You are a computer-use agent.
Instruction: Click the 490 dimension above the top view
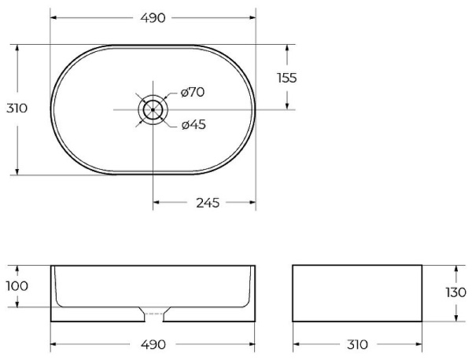coord(153,17)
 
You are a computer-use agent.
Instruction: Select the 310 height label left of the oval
coord(17,108)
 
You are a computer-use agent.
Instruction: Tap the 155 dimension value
coord(286,77)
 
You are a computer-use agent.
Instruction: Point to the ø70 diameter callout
coord(192,93)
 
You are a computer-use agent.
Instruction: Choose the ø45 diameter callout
coord(193,124)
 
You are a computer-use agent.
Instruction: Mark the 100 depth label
coord(17,286)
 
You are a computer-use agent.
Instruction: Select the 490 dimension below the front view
coord(153,344)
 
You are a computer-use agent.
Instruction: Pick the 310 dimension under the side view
coord(357,344)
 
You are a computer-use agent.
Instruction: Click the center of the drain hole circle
coord(153,109)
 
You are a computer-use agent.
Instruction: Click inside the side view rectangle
coord(357,293)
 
